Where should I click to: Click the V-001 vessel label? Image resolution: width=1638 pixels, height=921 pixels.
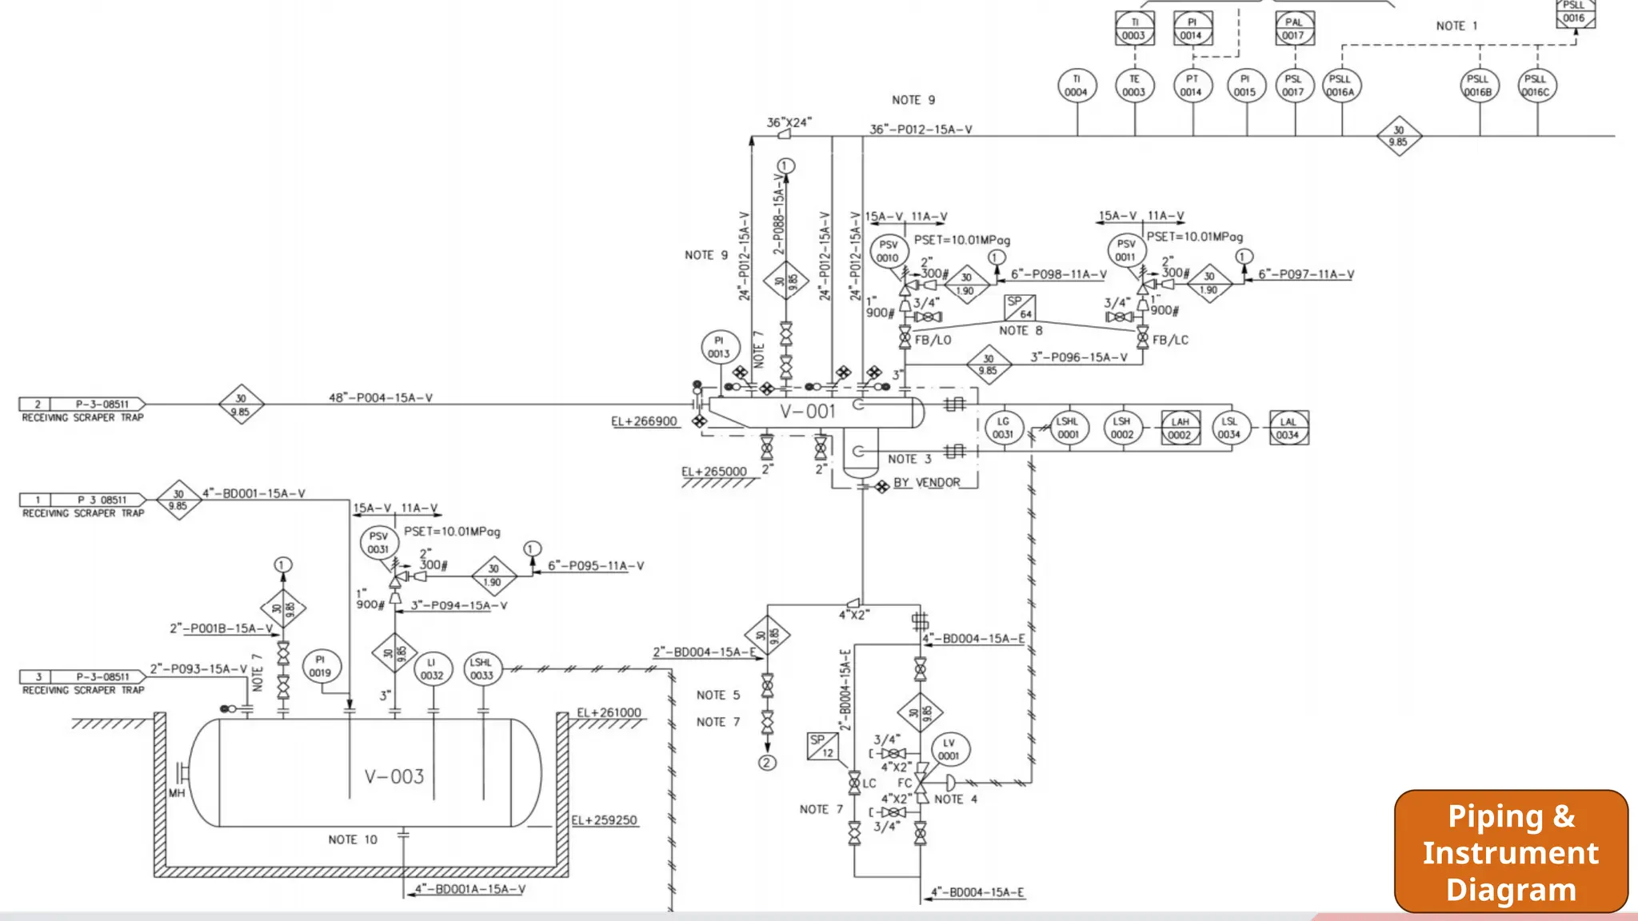click(x=808, y=412)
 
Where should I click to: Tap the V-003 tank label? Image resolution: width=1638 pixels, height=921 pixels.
click(x=394, y=776)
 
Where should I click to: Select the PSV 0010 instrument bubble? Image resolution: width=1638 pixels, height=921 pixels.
click(x=888, y=251)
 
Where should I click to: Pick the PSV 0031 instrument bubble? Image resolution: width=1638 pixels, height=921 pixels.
click(x=378, y=543)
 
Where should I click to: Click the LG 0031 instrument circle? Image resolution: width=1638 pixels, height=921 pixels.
click(x=1003, y=428)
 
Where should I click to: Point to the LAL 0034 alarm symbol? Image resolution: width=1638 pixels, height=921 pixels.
click(x=1288, y=428)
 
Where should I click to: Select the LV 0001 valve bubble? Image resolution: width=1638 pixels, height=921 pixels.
click(x=949, y=749)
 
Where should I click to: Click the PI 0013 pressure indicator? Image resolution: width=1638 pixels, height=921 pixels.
click(x=719, y=347)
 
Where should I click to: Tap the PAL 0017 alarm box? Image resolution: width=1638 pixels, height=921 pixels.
click(x=1294, y=29)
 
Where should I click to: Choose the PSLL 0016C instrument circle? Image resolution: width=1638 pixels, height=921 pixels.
click(x=1536, y=86)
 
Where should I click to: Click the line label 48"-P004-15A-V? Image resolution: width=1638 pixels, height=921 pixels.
click(x=381, y=397)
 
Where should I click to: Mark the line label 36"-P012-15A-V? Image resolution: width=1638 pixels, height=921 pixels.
click(x=921, y=130)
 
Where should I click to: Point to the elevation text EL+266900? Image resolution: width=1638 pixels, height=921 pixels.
click(x=644, y=421)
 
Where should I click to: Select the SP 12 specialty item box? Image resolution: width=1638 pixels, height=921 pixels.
click(x=822, y=746)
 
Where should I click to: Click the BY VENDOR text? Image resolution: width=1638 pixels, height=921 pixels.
click(x=926, y=483)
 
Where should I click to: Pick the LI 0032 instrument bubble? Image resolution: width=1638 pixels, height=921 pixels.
click(x=432, y=668)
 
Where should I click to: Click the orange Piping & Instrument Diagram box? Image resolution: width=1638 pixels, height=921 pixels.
click(x=1510, y=851)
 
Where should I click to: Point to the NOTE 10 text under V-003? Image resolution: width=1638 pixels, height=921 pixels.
click(x=353, y=839)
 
